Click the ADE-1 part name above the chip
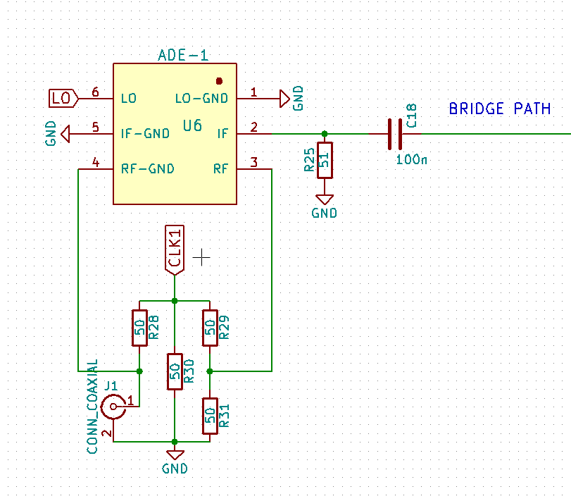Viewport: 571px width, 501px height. (x=183, y=56)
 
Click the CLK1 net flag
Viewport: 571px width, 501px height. (x=174, y=249)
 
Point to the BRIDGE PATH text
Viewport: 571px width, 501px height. (x=499, y=109)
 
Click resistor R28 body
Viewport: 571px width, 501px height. (x=139, y=328)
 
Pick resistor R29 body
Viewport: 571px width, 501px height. (x=210, y=328)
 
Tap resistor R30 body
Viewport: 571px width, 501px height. (x=175, y=372)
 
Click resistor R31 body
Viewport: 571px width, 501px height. (x=210, y=416)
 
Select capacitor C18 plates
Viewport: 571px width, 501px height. (x=395, y=133)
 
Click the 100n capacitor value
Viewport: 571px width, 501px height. (x=411, y=160)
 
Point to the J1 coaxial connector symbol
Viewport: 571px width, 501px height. (x=113, y=407)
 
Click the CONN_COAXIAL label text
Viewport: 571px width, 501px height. (x=92, y=405)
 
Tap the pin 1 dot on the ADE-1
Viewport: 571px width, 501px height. (x=219, y=81)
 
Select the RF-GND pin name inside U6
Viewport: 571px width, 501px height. (x=148, y=169)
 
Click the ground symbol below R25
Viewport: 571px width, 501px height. (x=324, y=199)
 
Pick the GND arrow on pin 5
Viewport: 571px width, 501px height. (x=65, y=133)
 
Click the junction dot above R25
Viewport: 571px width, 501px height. (x=324, y=133)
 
